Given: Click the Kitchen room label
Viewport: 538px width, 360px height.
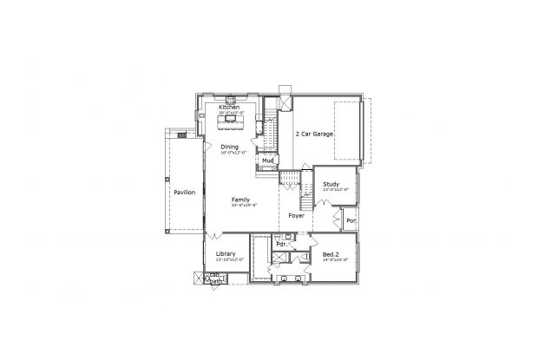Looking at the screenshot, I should click(x=229, y=107).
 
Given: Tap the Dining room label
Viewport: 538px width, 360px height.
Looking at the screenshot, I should click(x=230, y=147).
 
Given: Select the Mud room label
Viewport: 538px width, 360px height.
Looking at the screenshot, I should click(x=270, y=160).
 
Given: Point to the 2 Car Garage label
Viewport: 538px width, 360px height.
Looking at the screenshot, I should click(x=314, y=134).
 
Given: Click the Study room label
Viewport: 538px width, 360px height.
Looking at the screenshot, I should click(x=331, y=184).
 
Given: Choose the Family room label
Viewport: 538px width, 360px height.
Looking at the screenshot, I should click(x=240, y=200).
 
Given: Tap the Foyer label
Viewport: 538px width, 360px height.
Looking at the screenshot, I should click(x=296, y=215).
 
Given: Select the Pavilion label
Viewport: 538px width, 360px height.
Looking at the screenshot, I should click(x=184, y=192).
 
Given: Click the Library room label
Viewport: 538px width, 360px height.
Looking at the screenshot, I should click(x=226, y=254).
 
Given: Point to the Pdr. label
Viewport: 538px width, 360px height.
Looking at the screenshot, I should click(x=281, y=245).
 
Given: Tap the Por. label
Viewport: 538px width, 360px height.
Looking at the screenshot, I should click(x=351, y=220).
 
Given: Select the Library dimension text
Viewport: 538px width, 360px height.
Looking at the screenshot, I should click(x=229, y=259).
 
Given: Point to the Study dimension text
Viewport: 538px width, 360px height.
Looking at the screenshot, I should click(x=334, y=189).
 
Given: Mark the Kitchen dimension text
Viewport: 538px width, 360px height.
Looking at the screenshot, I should click(x=232, y=113).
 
